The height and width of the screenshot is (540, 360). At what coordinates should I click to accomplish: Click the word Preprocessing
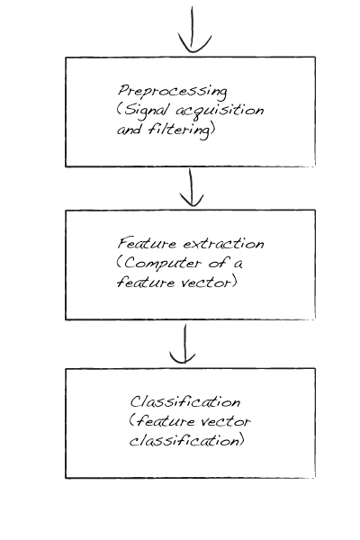(173, 92)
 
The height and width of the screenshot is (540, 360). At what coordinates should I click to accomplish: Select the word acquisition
(220, 111)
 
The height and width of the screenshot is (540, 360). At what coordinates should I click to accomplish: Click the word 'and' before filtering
(130, 130)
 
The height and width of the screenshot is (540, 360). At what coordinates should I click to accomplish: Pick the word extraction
(223, 244)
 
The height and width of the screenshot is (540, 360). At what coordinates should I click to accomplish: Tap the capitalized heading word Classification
(185, 401)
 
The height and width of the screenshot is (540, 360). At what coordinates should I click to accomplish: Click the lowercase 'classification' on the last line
(184, 441)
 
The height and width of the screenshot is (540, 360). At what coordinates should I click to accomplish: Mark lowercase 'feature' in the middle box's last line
(146, 283)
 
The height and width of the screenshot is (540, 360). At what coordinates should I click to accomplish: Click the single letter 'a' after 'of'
(238, 264)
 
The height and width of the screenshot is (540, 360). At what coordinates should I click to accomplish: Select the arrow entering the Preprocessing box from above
(193, 30)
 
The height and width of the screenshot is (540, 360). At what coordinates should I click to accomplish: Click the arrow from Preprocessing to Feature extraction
(191, 187)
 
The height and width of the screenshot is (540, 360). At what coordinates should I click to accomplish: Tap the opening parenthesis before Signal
(119, 110)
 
